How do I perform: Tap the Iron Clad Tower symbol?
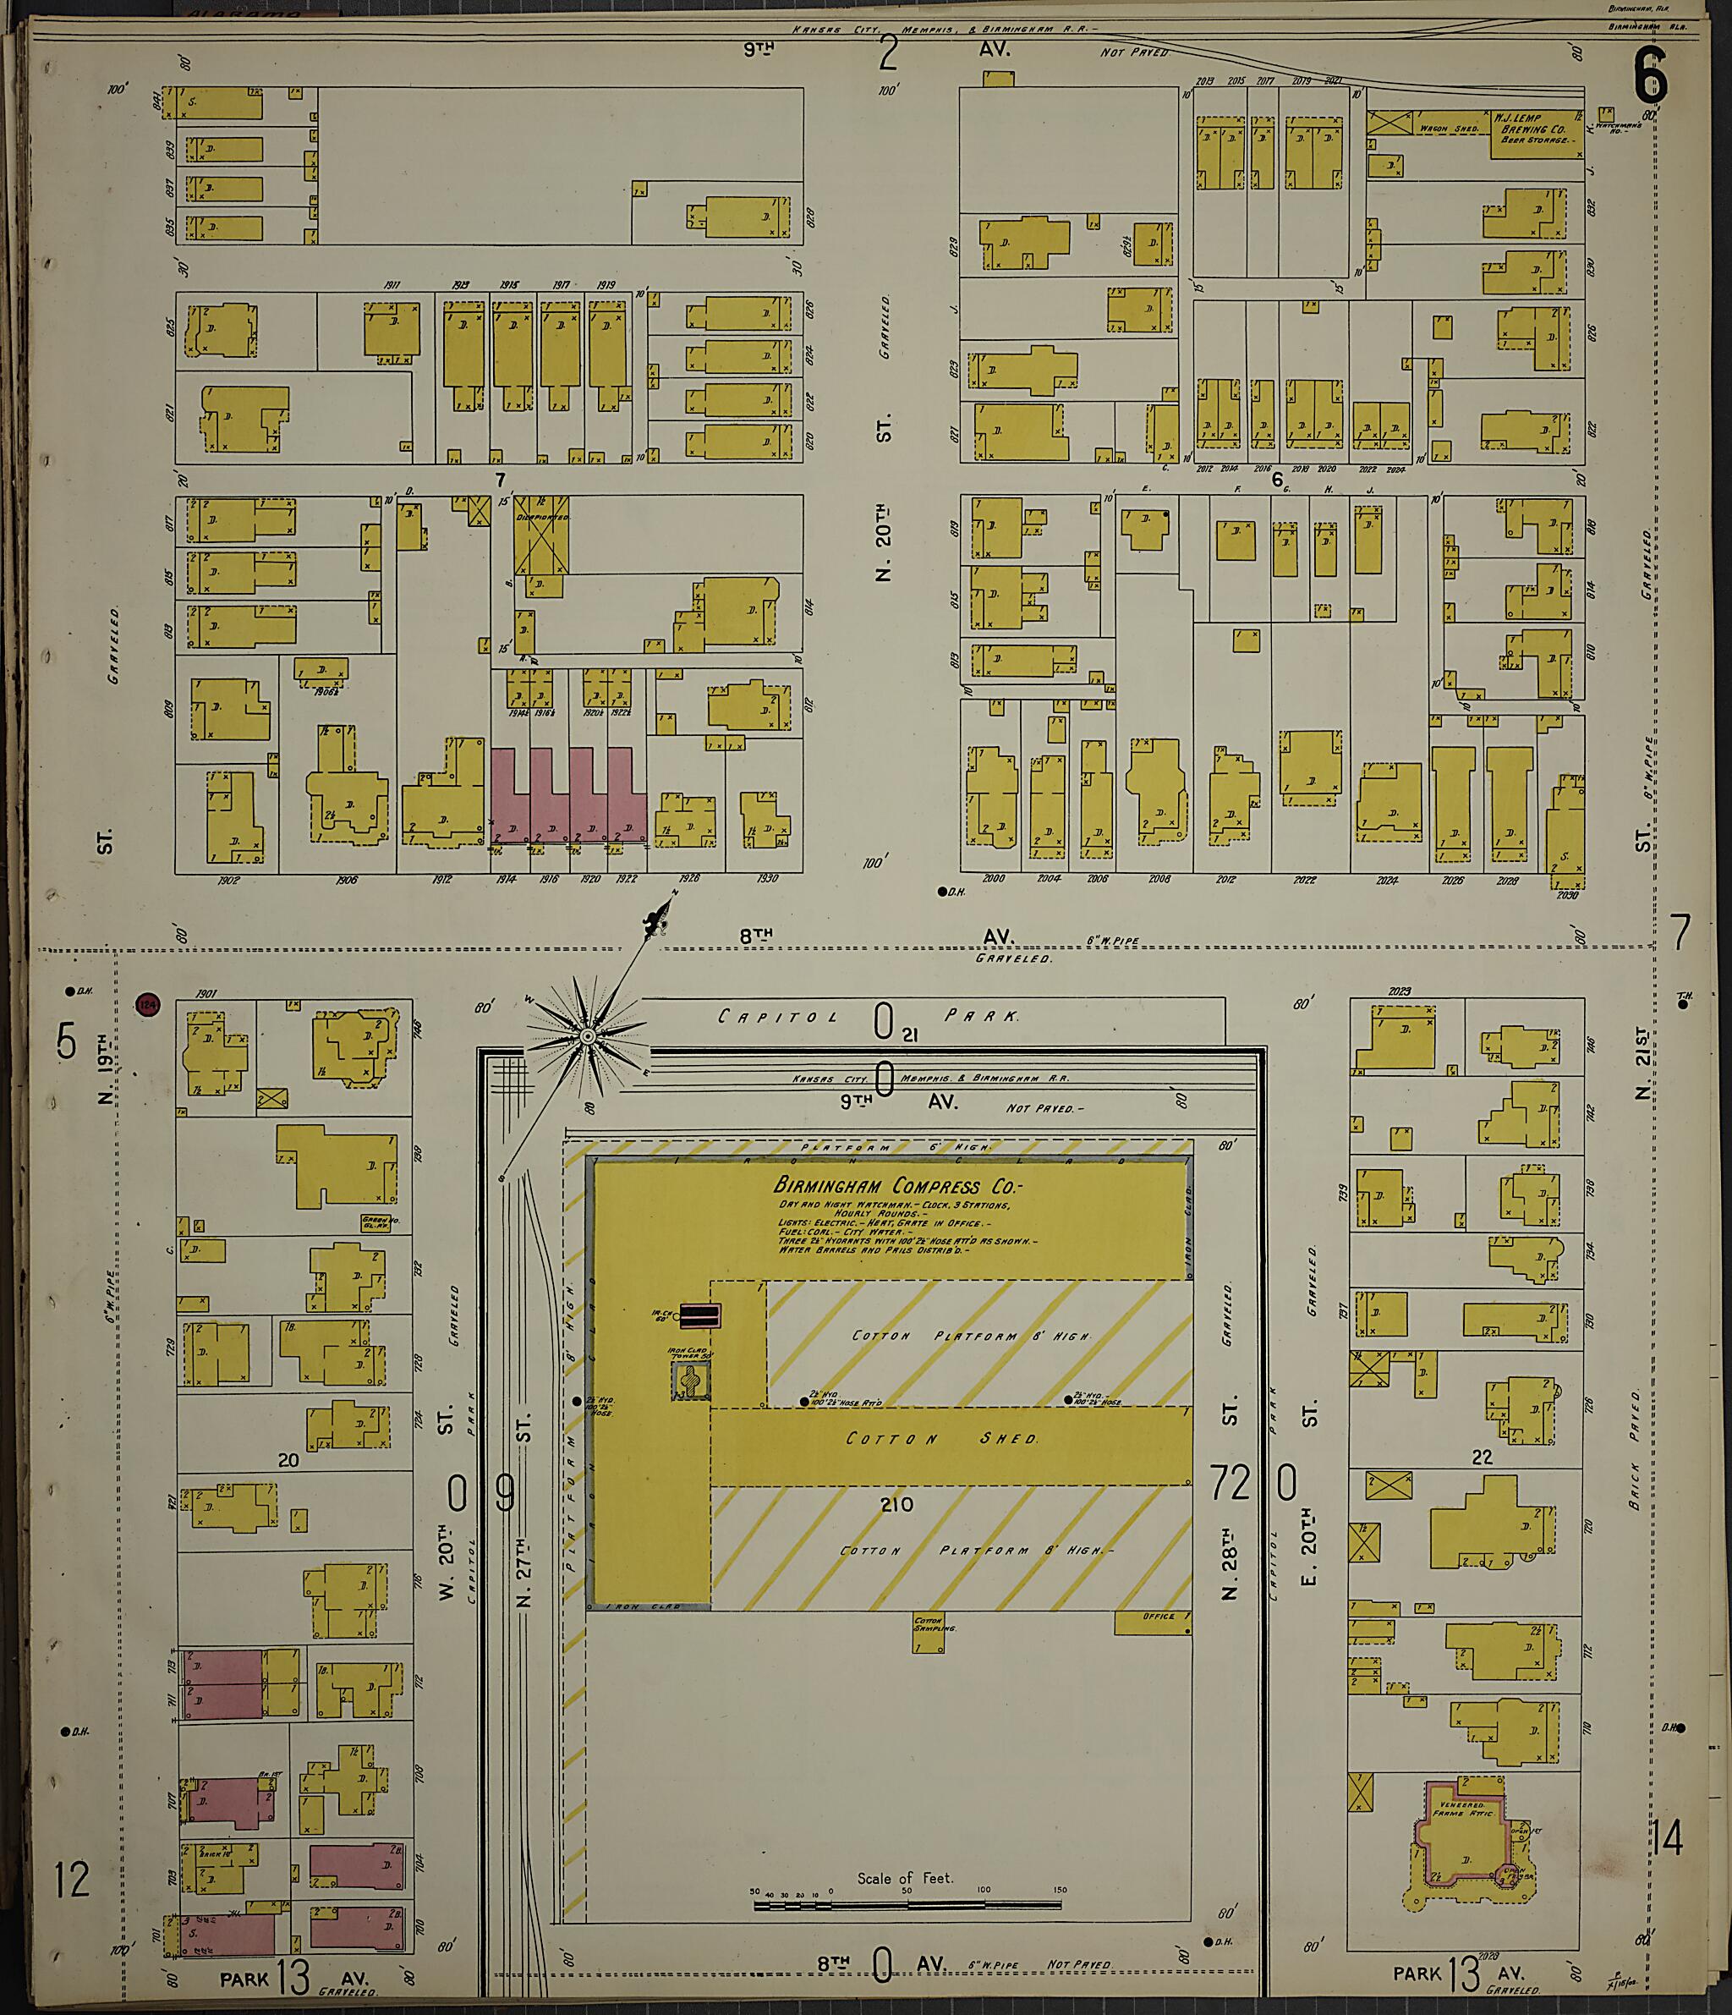click(x=689, y=1380)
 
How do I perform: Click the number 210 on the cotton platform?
click(x=896, y=1504)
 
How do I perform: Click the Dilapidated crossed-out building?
click(x=542, y=534)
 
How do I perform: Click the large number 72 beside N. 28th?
click(x=1229, y=1483)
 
